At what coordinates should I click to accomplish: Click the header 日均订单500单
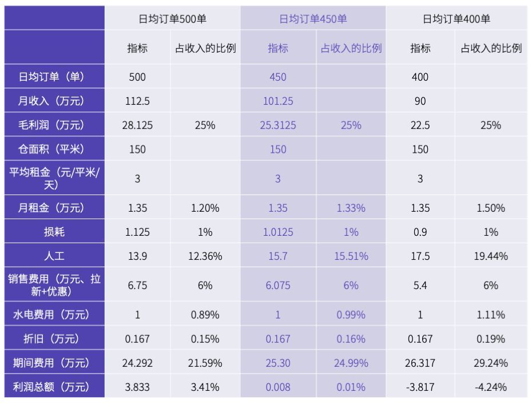(172, 19)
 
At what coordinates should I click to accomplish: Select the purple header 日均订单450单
(313, 19)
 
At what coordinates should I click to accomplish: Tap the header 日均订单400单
(456, 19)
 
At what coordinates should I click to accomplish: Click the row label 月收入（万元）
(51, 101)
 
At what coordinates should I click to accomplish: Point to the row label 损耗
(54, 232)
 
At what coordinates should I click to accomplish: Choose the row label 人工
(54, 256)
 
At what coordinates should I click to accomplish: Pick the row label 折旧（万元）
(51, 339)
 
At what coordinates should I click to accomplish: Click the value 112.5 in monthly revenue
(137, 101)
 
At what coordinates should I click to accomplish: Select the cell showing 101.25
(278, 101)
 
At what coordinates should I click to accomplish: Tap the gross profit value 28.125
(137, 125)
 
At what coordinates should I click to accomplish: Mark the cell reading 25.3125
(278, 125)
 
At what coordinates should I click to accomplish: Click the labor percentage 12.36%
(205, 256)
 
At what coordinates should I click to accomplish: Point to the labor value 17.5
(420, 256)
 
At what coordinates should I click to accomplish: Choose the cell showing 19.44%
(491, 256)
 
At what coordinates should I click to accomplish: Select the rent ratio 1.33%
(351, 208)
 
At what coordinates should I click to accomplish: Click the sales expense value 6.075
(278, 286)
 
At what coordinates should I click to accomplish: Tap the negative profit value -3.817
(420, 387)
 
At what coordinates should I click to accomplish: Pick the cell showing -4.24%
(491, 387)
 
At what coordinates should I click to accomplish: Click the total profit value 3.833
(137, 387)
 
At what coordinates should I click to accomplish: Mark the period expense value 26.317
(420, 363)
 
